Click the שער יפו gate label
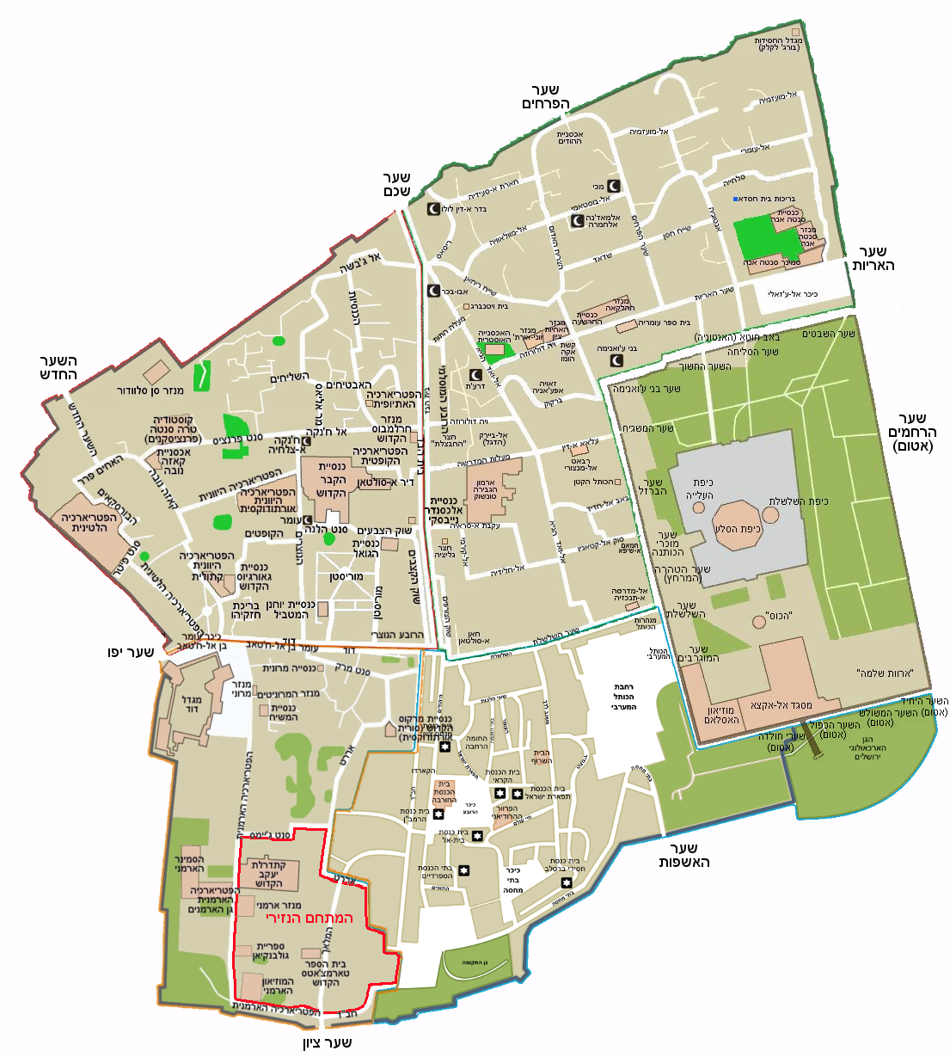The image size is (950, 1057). point(131,652)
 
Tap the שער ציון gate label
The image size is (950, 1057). point(327,1042)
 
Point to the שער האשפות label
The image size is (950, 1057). point(683,855)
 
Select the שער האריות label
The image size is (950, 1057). point(873,258)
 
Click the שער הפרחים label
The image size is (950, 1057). point(545,97)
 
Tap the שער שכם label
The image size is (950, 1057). point(396,184)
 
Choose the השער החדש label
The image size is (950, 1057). point(58,367)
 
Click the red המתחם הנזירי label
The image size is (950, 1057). point(310,919)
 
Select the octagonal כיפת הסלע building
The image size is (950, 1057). point(738,527)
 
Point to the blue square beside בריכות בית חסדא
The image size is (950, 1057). point(736,199)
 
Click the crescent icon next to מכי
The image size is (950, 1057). point(615,186)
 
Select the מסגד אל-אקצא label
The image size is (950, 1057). point(781,705)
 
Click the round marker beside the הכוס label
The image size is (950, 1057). point(757,620)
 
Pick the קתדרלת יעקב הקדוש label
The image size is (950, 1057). point(268,874)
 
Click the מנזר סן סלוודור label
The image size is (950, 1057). point(151,390)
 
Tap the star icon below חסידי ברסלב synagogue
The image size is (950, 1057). point(567,882)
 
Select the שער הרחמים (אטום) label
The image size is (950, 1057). point(911,433)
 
